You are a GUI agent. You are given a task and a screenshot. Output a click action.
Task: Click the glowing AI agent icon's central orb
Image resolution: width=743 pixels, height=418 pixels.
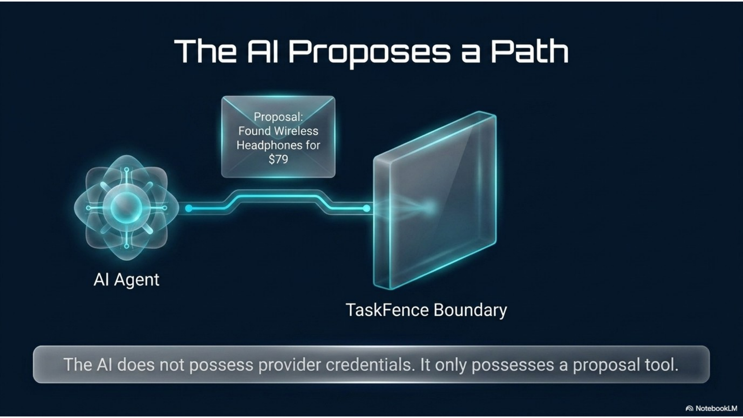coord(127,207)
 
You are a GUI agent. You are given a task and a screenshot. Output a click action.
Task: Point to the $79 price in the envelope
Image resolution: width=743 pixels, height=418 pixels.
coord(278,159)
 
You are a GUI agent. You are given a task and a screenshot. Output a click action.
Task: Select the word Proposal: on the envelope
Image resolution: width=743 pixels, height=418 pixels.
coord(278,117)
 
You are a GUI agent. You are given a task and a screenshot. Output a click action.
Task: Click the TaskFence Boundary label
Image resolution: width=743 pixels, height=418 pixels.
coord(426,310)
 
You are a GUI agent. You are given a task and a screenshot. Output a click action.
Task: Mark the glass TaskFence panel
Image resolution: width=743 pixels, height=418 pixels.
coord(435,200)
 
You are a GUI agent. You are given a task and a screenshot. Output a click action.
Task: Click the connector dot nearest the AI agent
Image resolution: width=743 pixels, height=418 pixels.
coord(189,209)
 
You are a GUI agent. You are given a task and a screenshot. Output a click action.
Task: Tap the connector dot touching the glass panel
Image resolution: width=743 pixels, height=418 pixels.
coord(366,209)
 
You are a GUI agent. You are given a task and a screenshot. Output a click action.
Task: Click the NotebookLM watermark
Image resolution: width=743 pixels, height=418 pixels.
coord(711,408)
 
